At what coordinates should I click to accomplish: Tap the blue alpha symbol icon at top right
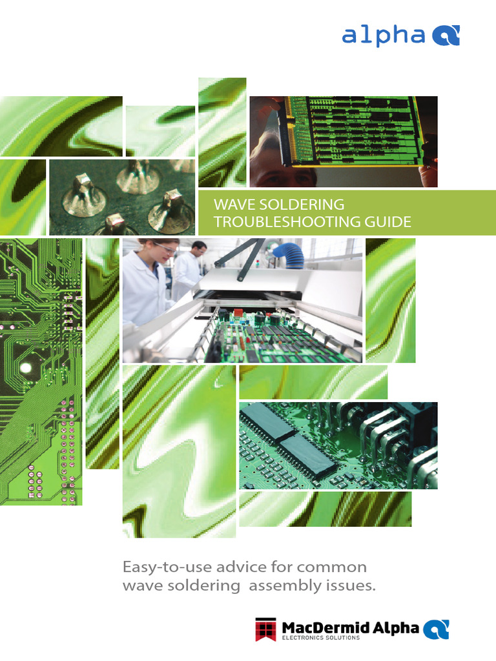[445, 36]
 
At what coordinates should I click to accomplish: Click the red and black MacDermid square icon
[266, 629]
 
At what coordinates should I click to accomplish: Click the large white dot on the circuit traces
[25, 369]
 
